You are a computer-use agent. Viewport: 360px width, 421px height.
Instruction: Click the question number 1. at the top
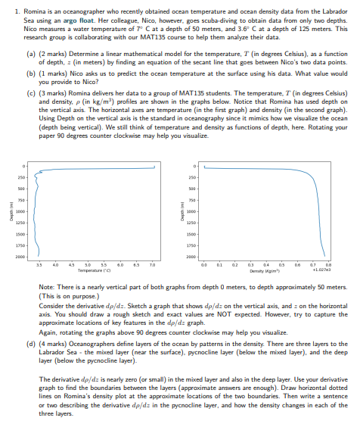pyautogui.click(x=17, y=7)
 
